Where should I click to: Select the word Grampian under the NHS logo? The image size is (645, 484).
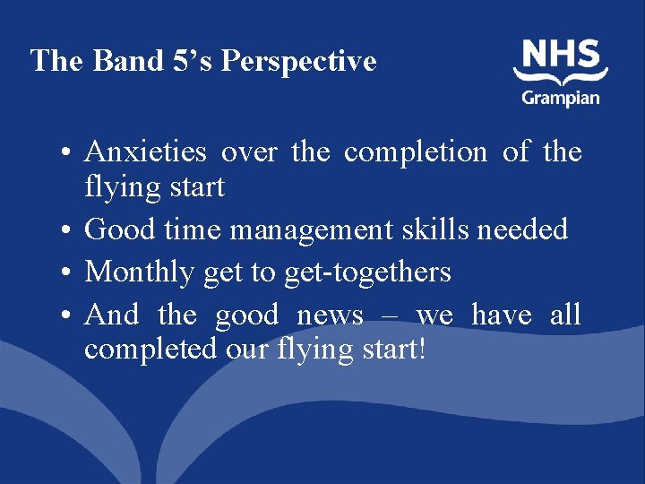coord(561,96)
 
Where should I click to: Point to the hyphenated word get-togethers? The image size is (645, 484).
coord(367,271)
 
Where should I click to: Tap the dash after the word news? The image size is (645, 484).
coord(391,316)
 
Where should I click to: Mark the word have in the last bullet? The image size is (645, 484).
coord(502,315)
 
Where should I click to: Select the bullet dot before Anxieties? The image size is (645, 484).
coord(68,154)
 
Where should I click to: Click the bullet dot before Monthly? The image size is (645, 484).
coord(68,272)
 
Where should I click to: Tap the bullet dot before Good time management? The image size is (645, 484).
coord(68,231)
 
